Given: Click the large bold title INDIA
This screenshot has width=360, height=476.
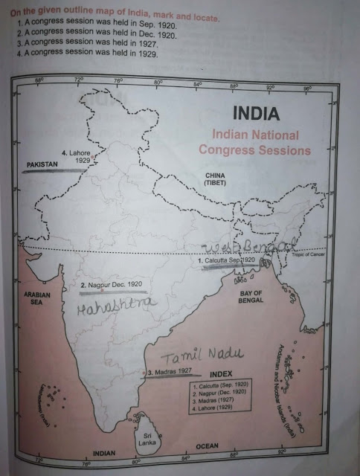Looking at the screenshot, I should point(255,116).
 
